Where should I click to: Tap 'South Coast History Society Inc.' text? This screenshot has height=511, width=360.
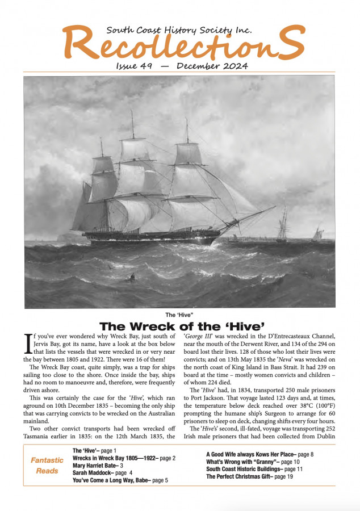[x=179, y=30]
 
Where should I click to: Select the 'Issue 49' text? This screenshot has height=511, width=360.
[x=133, y=66]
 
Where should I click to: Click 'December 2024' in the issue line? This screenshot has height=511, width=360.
[x=212, y=66]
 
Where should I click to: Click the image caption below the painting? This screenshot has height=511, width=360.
[x=179, y=315]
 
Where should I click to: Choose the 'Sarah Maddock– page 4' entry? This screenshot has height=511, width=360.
[x=102, y=472]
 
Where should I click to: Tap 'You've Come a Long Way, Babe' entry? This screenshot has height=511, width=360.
[x=120, y=480]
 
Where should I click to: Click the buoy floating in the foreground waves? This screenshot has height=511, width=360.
[x=132, y=277]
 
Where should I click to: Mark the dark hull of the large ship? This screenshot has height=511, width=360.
[x=148, y=237]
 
